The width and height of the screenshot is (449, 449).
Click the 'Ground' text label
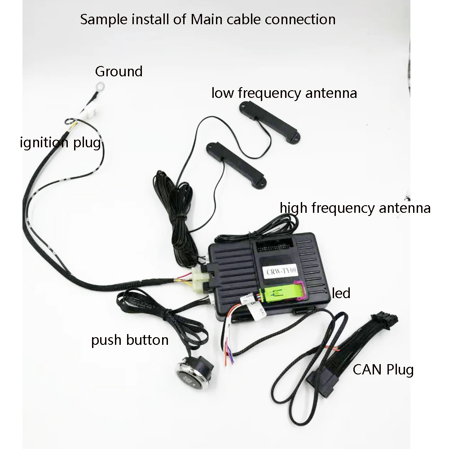119,71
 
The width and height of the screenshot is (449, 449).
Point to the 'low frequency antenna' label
284,93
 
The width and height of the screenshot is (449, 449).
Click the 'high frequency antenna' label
355,208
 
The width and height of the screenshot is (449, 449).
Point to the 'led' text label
341,294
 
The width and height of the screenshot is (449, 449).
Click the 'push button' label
130,340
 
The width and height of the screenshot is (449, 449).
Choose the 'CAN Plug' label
383,370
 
